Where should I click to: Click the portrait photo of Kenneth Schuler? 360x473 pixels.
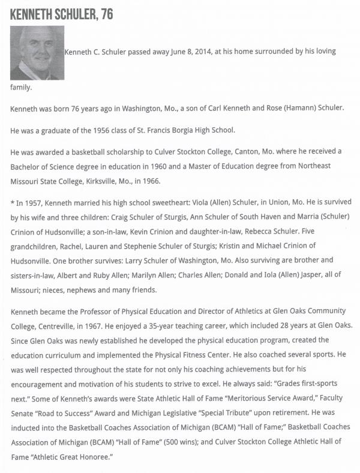click(37, 53)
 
